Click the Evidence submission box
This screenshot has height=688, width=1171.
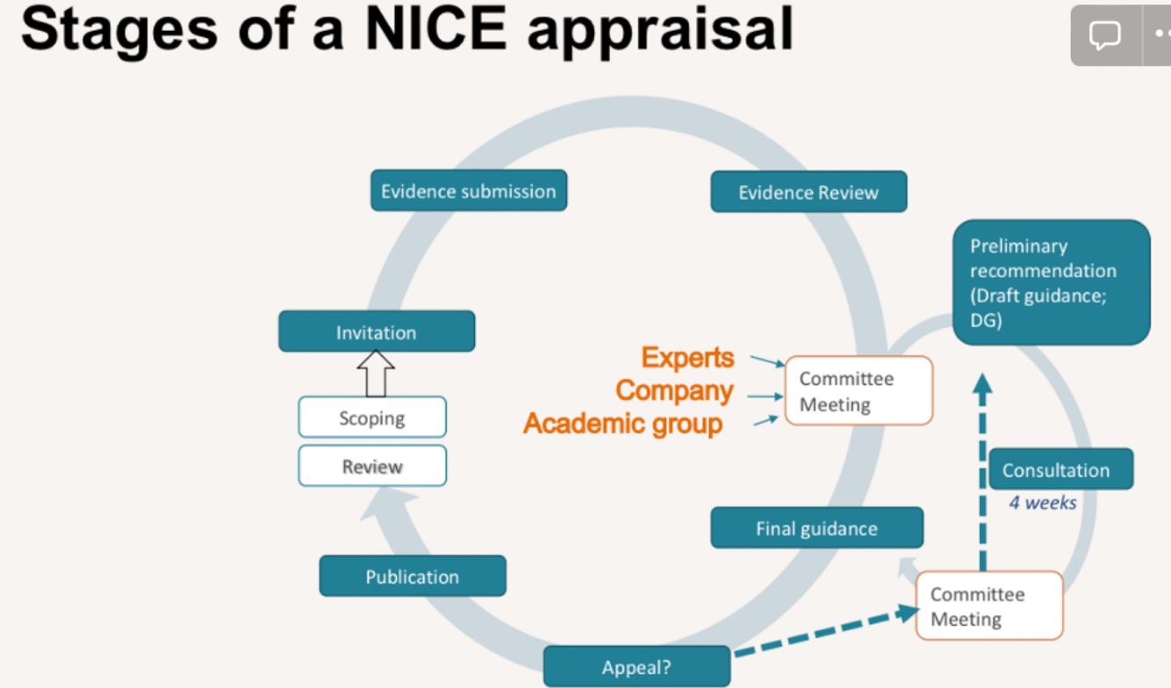[468, 191]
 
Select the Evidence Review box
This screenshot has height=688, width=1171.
[808, 192]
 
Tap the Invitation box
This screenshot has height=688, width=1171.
[376, 333]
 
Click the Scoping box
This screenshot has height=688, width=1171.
[372, 418]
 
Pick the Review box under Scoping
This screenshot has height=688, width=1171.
[372, 466]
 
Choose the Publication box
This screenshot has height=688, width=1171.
[412, 577]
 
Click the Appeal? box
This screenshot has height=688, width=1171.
[636, 667]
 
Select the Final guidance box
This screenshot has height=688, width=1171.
[816, 528]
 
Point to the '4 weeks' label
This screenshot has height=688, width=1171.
[1042, 503]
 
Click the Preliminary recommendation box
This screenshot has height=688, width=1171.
[1051, 283]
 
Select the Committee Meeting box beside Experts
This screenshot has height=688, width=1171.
[858, 391]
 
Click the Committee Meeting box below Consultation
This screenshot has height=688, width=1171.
[988, 606]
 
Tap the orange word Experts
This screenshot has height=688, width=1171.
[687, 357]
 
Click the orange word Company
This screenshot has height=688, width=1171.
[674, 391]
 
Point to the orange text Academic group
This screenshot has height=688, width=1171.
[623, 424]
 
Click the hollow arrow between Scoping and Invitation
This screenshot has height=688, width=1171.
[376, 373]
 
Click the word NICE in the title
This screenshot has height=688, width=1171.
[435, 28]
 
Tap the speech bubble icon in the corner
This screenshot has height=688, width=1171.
[1104, 35]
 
